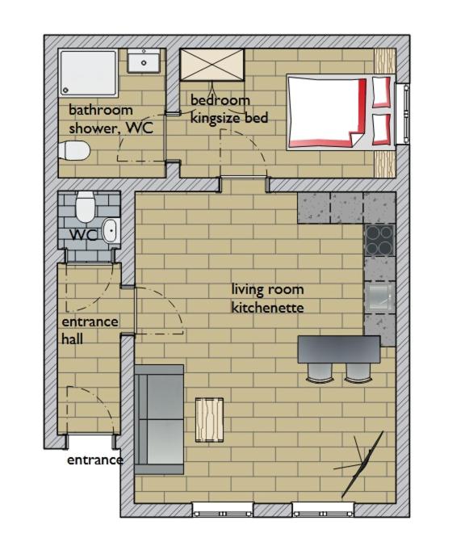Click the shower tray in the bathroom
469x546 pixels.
click(88, 73)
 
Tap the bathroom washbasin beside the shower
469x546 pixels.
click(144, 61)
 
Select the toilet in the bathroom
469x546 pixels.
click(74, 150)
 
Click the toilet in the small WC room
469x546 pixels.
click(86, 207)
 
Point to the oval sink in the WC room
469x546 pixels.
click(111, 230)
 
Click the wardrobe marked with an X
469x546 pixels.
click(211, 65)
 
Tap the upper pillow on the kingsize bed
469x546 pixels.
click(381, 92)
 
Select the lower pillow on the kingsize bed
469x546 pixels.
click(381, 129)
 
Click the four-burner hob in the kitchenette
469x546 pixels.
click(379, 241)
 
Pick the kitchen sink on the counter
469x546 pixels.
click(381, 298)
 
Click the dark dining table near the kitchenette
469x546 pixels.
click(339, 349)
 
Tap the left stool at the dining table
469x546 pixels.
click(320, 372)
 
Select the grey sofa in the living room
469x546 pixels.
click(159, 419)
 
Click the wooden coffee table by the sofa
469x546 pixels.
click(209, 420)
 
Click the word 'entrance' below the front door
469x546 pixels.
click(95, 460)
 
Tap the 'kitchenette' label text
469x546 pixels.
click(267, 308)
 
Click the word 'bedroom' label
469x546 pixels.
click(220, 100)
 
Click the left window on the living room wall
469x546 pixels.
click(223, 510)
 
